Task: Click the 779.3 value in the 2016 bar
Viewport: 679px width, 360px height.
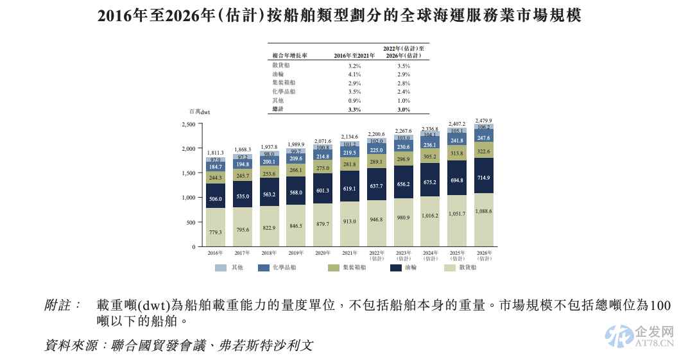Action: tap(215, 232)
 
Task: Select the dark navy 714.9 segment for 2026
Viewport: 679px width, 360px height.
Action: tap(483, 178)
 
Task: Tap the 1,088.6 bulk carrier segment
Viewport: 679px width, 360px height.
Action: tap(483, 211)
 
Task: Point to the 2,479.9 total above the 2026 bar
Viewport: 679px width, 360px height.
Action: tap(483, 121)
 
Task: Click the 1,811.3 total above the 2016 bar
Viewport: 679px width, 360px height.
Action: tap(215, 153)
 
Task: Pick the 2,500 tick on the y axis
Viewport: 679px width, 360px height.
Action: tap(188, 124)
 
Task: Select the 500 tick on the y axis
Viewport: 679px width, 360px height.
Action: tap(191, 223)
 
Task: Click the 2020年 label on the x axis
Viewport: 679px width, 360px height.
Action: tap(322, 253)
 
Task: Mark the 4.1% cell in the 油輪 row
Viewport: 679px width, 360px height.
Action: tap(354, 74)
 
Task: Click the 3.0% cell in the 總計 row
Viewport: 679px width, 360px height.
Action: tap(403, 110)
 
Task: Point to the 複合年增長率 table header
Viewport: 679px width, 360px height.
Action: tap(289, 56)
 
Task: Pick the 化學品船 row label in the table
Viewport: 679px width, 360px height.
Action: tap(284, 92)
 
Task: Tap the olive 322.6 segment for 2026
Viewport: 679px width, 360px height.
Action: tap(483, 152)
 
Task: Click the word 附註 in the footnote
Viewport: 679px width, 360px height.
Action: tap(61, 305)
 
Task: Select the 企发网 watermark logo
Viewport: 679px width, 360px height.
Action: tap(639, 336)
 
